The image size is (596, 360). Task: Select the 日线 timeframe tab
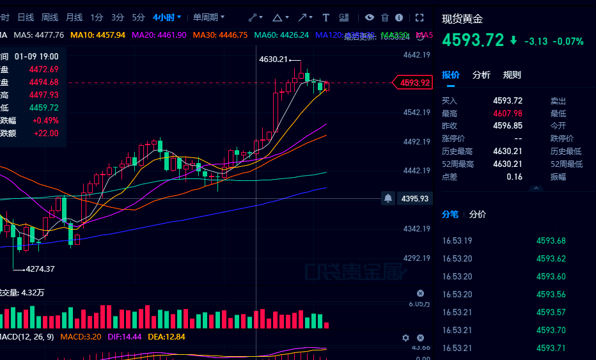pyautogui.click(x=26, y=17)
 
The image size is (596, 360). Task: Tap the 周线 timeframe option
pyautogui.click(x=50, y=17)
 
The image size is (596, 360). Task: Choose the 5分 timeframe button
pyautogui.click(x=138, y=17)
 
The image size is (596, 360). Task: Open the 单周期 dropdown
pyautogui.click(x=208, y=17)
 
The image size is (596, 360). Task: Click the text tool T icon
pyautogui.click(x=326, y=17)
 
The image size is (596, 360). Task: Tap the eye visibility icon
pyautogui.click(x=370, y=17)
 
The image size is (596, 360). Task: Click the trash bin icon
pyautogui.click(x=385, y=17)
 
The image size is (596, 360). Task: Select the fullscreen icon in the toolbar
pyautogui.click(x=420, y=17)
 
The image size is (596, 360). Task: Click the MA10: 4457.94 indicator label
pyautogui.click(x=97, y=35)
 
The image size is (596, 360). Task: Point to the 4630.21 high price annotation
pyautogui.click(x=274, y=59)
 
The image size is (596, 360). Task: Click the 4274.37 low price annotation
pyautogui.click(x=40, y=269)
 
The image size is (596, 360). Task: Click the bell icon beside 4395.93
pyautogui.click(x=388, y=199)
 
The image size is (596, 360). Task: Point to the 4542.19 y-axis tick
pyautogui.click(x=416, y=113)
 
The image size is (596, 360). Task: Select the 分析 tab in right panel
pyautogui.click(x=482, y=75)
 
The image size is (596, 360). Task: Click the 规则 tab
pyautogui.click(x=512, y=75)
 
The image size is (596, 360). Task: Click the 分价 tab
pyautogui.click(x=478, y=214)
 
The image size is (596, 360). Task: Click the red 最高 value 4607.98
pyautogui.click(x=508, y=113)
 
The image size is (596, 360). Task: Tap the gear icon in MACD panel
pyautogui.click(x=405, y=338)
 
